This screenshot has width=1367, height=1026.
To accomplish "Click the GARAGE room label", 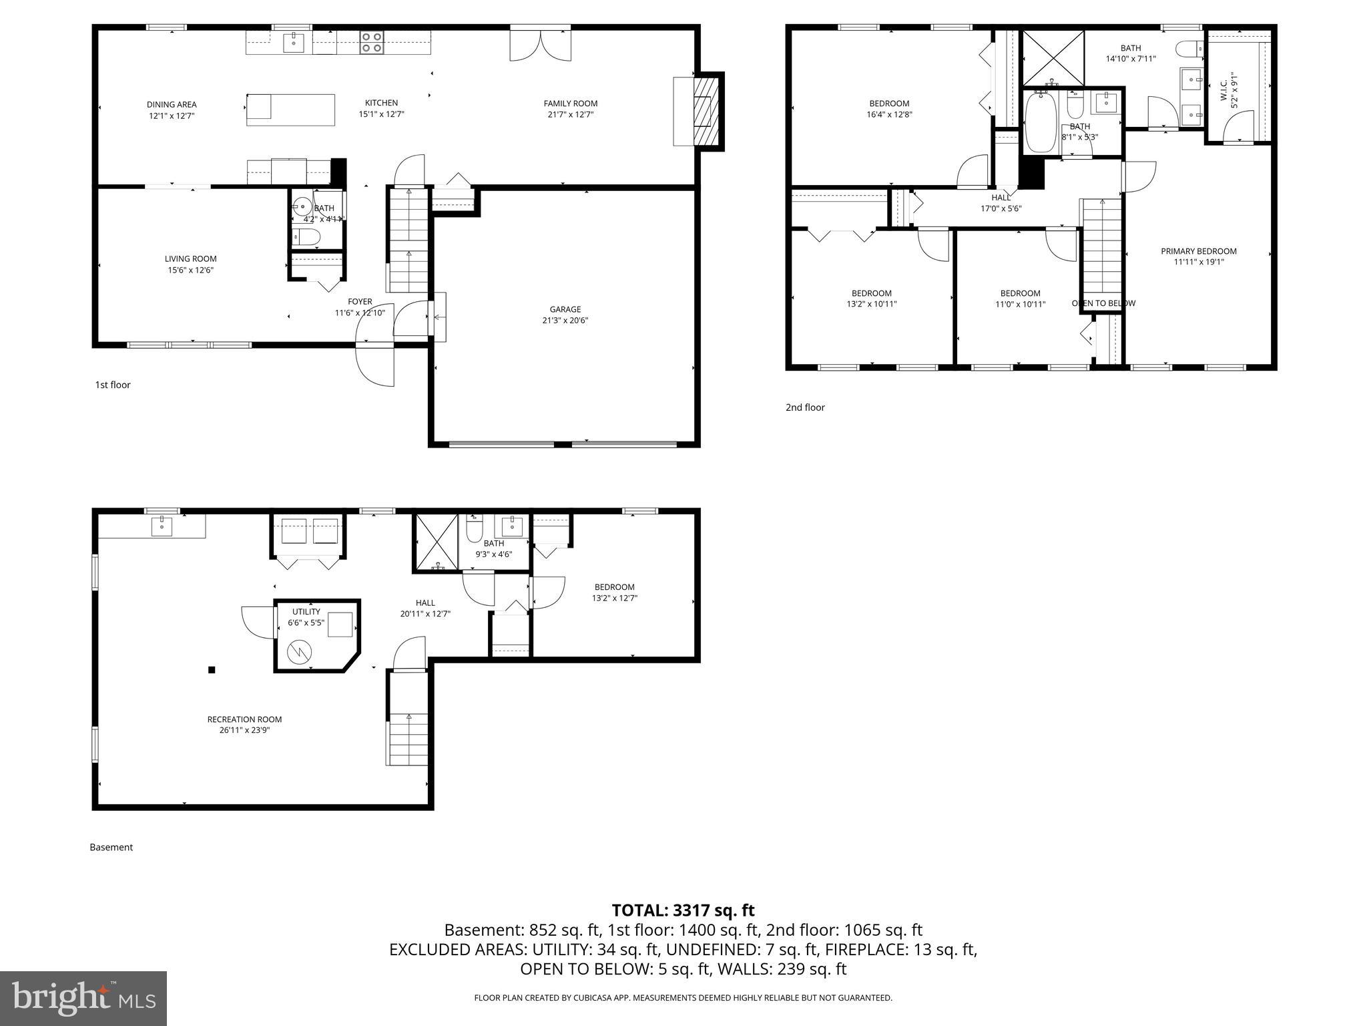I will click(x=565, y=309).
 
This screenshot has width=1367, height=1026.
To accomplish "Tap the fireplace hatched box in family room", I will click(x=707, y=112).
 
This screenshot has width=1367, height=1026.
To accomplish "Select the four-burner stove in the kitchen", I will click(x=371, y=43).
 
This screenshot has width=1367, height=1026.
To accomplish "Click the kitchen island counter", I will click(x=290, y=110).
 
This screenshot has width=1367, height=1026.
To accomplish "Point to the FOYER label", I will click(x=360, y=302).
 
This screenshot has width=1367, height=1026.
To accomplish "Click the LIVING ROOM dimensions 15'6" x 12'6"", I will click(x=191, y=271).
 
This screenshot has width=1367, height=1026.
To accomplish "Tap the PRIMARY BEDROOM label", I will click(x=1198, y=251).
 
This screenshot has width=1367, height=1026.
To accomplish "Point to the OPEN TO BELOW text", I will click(x=1103, y=303).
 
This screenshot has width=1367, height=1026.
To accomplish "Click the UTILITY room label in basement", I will click(x=306, y=612).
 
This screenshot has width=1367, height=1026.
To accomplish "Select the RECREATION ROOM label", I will click(x=244, y=719).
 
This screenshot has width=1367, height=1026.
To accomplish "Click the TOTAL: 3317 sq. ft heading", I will click(x=683, y=910).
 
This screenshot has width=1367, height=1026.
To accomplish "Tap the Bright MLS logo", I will click(x=83, y=998).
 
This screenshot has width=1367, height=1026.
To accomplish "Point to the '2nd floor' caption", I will click(x=805, y=407).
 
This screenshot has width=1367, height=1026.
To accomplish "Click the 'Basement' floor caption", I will click(x=111, y=847).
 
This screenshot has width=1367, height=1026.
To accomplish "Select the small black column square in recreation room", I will click(x=212, y=670).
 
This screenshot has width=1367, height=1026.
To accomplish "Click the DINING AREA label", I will click(x=172, y=104).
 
